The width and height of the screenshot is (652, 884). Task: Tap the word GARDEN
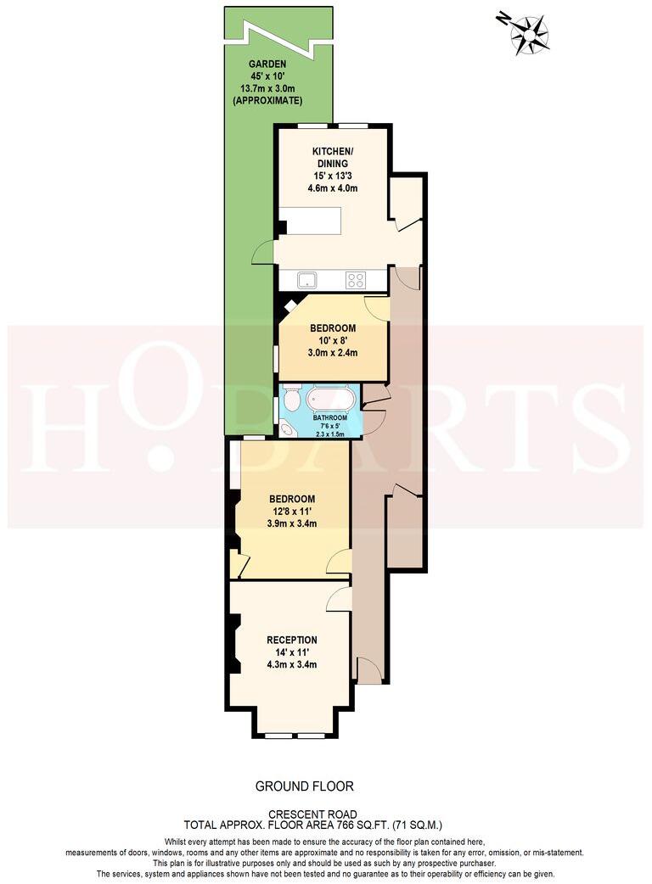click(267, 64)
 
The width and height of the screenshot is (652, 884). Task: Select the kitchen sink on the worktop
click(305, 279)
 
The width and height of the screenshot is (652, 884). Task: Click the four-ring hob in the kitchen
click(356, 279)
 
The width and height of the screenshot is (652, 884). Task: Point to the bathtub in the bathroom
click(331, 399)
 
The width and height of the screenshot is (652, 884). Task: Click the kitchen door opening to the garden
click(264, 251)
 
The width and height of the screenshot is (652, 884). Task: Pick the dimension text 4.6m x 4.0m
click(332, 188)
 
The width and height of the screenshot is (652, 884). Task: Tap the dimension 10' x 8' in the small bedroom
click(332, 340)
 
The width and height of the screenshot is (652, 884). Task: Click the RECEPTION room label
click(291, 640)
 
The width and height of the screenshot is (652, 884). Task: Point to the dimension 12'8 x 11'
click(292, 512)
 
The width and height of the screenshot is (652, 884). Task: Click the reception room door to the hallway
click(340, 599)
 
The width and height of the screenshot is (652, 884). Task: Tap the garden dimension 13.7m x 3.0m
click(267, 88)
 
